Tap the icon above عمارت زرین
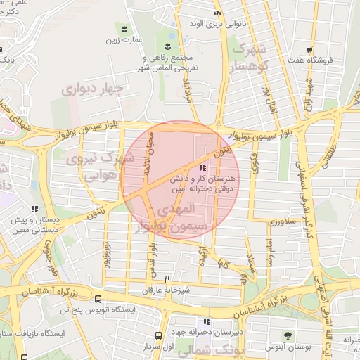[124, 28]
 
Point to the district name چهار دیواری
[92, 89]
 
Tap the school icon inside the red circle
[203, 168]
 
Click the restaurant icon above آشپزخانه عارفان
[167, 278]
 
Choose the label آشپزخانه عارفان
[167, 290]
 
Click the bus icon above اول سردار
[160, 335]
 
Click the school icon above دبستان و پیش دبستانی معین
[34, 209]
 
